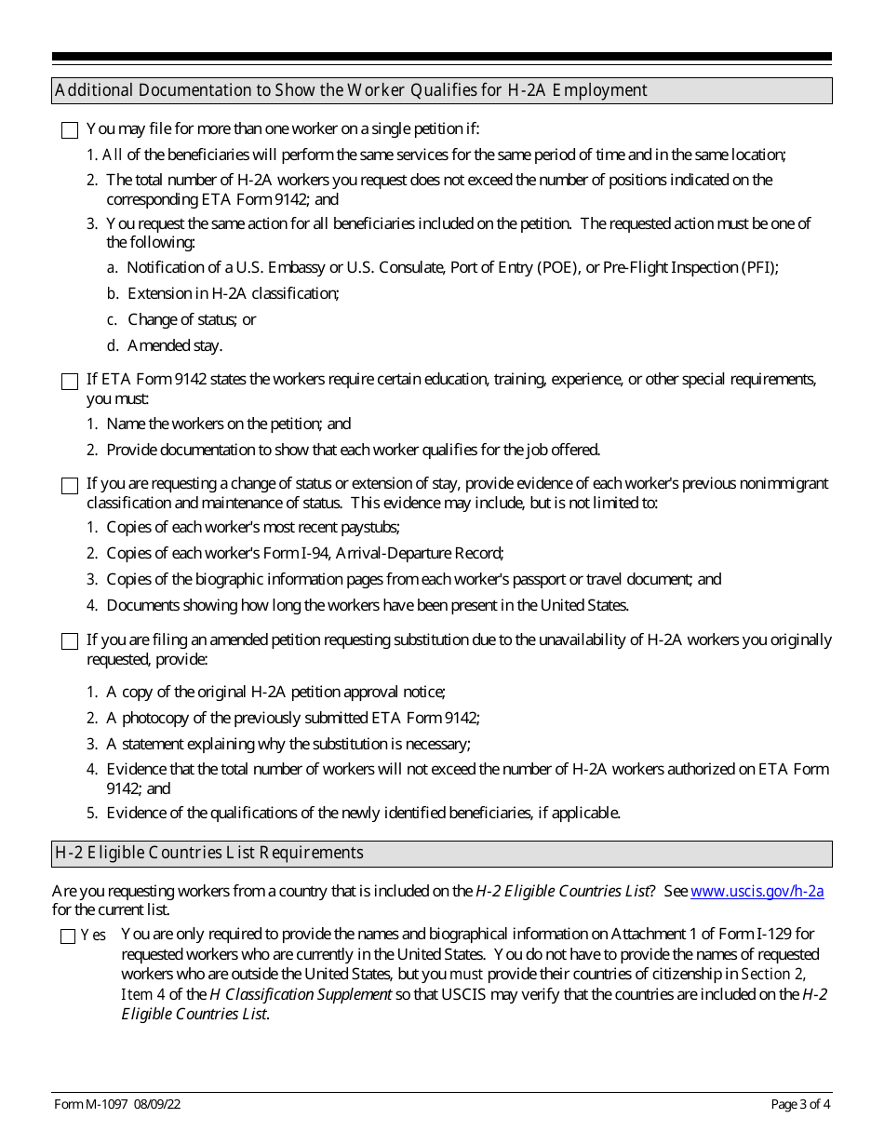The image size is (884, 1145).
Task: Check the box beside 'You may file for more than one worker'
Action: (x=70, y=130)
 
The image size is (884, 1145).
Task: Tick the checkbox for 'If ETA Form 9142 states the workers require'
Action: (x=70, y=381)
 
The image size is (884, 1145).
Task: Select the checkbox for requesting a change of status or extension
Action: (x=70, y=486)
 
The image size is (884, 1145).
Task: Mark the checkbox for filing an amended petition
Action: (x=70, y=641)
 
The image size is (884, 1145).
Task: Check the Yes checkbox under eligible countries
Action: (x=68, y=936)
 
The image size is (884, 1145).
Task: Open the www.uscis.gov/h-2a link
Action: (x=757, y=891)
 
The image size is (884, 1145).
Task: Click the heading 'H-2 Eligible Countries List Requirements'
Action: (x=209, y=853)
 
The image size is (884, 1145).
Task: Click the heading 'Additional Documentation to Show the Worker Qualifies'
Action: (x=351, y=90)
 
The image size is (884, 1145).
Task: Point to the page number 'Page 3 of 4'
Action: (x=801, y=1105)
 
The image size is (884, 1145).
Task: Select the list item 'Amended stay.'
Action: (x=175, y=345)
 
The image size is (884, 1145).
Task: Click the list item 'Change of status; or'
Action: (x=192, y=319)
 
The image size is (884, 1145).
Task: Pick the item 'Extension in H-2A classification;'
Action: (x=233, y=293)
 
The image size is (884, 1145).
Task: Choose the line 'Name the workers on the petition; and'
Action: (x=228, y=424)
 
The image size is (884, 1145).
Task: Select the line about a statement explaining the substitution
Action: (x=288, y=744)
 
